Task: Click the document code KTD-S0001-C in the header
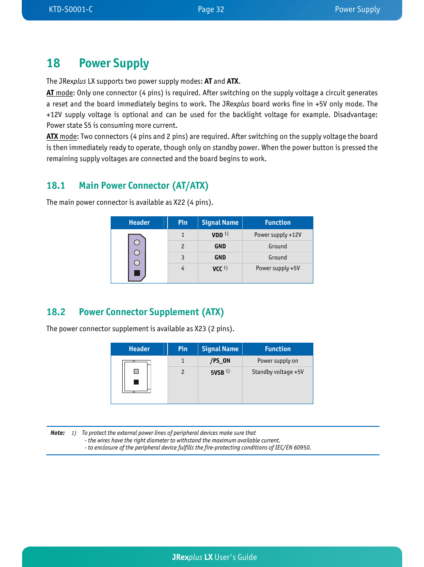point(71,9)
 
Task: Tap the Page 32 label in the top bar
point(211,9)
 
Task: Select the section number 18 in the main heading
point(53,63)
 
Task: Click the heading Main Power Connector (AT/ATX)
point(143,186)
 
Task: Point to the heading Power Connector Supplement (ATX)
point(151,312)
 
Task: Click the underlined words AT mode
point(60,93)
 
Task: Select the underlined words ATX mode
point(62,137)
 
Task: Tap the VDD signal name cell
point(220,235)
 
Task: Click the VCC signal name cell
point(220,269)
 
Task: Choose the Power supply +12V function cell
point(278,235)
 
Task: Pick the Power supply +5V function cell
point(278,268)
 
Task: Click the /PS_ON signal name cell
point(220,361)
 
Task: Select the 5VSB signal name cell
point(220,372)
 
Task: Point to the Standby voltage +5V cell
point(278,372)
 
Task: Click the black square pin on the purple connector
point(137,273)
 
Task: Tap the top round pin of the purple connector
point(137,243)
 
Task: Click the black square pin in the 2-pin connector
point(136,382)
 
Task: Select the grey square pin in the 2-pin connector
point(136,371)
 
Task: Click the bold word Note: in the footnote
point(58,433)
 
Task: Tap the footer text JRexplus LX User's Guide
point(214,557)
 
